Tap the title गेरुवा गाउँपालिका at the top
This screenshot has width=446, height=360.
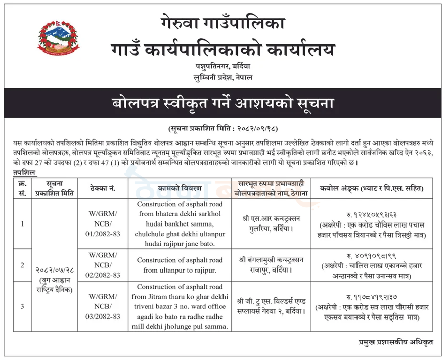(223, 23)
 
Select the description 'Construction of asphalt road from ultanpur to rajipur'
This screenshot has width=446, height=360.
(180, 265)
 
